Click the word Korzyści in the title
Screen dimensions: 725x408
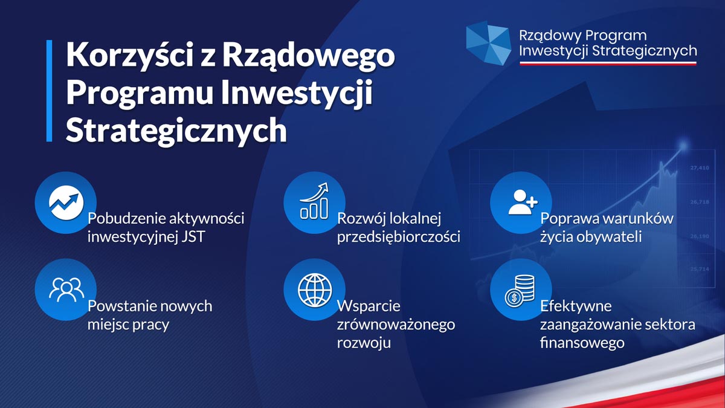click(130, 55)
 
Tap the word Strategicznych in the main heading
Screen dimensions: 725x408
click(176, 131)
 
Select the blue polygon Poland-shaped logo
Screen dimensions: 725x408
click(488, 43)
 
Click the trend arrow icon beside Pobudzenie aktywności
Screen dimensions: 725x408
click(66, 202)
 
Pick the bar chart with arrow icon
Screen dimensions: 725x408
click(314, 201)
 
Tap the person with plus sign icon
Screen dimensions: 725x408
click(523, 202)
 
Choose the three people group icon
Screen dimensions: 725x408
click(66, 290)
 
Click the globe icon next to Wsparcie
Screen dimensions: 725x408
click(315, 290)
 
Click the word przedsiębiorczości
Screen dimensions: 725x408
click(398, 237)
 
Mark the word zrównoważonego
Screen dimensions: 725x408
click(396, 325)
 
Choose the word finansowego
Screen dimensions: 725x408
click(582, 343)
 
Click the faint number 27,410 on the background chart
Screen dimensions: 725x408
click(700, 168)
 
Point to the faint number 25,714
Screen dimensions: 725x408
click(700, 269)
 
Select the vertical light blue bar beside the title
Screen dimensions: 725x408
click(49, 91)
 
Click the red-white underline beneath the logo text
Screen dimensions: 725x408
click(608, 63)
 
